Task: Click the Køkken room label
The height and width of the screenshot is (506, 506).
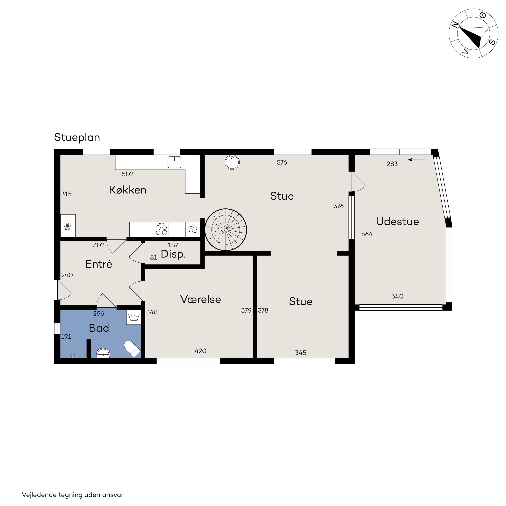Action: click(128, 190)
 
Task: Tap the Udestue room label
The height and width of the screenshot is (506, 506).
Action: click(398, 222)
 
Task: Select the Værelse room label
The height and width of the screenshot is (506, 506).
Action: click(201, 299)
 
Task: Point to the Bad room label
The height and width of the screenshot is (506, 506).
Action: click(99, 328)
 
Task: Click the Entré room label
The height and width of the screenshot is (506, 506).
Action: click(99, 264)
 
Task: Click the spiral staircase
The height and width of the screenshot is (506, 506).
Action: click(226, 230)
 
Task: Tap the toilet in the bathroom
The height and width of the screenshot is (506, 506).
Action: click(132, 349)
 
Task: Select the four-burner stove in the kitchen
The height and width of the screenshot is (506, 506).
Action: click(161, 229)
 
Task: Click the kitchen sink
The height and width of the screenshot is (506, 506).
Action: click(174, 162)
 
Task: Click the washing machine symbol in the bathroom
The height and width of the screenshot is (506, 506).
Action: click(134, 317)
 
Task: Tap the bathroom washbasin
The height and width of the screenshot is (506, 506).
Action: click(104, 353)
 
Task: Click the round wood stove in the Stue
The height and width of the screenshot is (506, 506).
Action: click(232, 162)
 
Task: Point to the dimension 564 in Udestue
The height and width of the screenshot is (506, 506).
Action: click(367, 234)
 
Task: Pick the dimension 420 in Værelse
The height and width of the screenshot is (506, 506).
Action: click(201, 351)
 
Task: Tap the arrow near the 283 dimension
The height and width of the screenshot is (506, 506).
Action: click(417, 160)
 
